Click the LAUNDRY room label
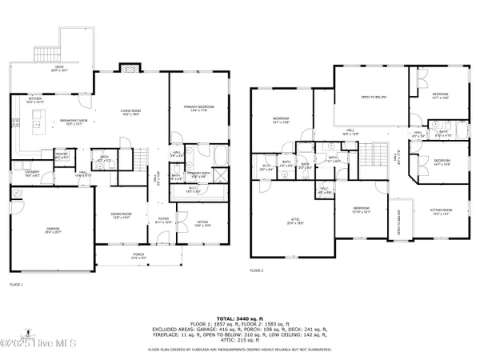click(31, 173)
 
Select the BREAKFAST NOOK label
click(74, 122)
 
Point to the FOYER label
click(163, 218)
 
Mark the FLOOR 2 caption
click(257, 273)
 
